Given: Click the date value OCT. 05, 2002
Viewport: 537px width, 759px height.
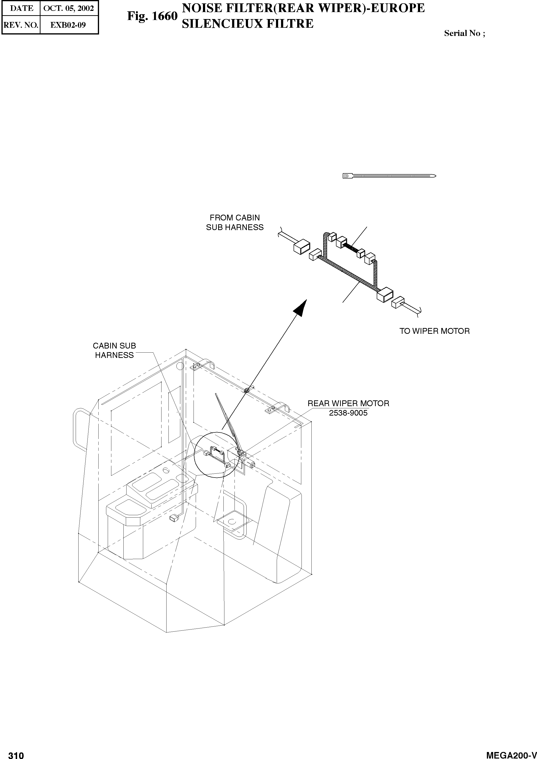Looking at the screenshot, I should coord(68,8).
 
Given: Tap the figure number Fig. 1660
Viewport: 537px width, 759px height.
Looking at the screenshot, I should coord(152,16).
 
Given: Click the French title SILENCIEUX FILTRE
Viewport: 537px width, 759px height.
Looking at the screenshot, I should coord(247,24).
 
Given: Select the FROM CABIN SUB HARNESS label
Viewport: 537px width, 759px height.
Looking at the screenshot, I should coord(235,222).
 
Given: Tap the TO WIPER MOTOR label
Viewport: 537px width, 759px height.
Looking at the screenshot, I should coord(434,331).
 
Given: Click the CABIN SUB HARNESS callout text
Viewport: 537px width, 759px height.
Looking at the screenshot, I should coord(114,350).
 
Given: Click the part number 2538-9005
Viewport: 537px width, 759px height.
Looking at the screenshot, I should coord(348,413).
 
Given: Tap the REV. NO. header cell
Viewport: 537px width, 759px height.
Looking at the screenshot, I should coord(20,25).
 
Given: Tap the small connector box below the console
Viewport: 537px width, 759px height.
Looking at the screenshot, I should coord(174,518).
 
